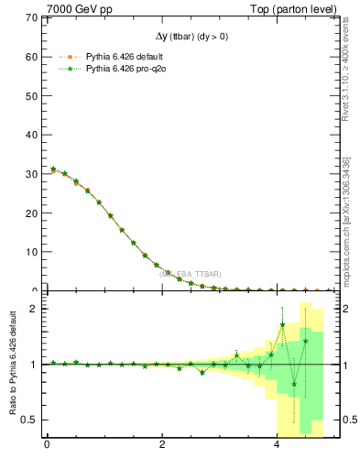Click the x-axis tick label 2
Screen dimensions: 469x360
pos(162,446)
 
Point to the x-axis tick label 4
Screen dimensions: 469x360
pos(278,446)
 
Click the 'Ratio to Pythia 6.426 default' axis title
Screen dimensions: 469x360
pos(12,365)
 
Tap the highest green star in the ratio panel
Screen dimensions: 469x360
pos(282,324)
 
